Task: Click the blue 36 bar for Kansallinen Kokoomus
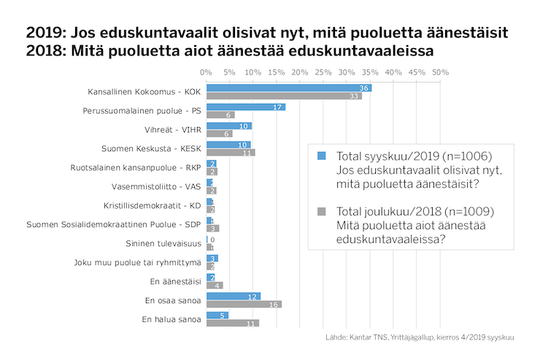(289, 88)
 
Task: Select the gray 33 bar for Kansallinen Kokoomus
(284, 96)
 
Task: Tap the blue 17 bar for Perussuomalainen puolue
(246, 107)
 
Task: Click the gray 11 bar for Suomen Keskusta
(231, 153)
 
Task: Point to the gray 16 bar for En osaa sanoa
(244, 304)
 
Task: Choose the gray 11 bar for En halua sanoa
(232, 323)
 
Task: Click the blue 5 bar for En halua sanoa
(217, 315)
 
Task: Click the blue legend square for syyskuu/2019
(321, 156)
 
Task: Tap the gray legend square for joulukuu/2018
(321, 211)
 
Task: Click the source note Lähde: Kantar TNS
(420, 337)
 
